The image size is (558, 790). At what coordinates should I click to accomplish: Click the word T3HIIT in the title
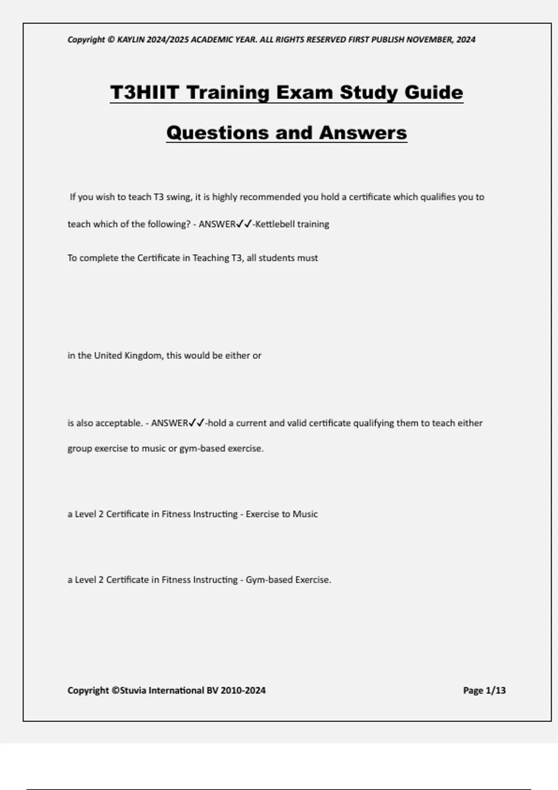[144, 92]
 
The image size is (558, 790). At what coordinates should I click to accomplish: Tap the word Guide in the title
[433, 92]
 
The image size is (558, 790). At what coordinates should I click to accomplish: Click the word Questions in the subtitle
[216, 132]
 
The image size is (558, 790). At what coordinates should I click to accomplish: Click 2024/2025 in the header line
[168, 39]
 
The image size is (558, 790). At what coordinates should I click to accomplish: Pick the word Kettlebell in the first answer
[275, 224]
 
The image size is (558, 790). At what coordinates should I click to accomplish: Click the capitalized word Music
[305, 514]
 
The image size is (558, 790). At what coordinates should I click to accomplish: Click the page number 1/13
[496, 691]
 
